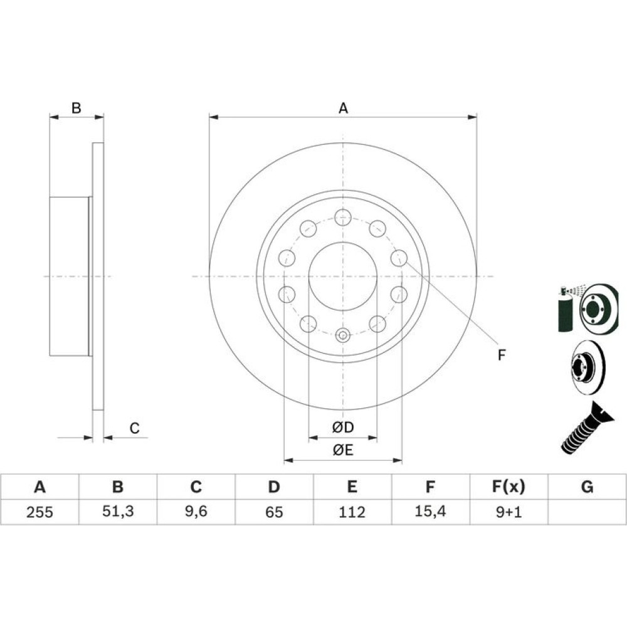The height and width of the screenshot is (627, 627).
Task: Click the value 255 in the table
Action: click(40, 512)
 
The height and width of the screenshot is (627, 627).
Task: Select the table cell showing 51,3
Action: click(118, 511)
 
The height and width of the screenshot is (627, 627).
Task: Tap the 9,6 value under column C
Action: click(196, 511)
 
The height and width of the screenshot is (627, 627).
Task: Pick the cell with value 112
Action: click(352, 512)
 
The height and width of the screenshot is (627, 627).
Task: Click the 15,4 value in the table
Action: click(430, 511)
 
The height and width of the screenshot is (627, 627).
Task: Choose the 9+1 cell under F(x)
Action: click(508, 512)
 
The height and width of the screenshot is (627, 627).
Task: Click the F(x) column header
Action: click(508, 487)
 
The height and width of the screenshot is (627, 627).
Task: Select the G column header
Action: click(587, 487)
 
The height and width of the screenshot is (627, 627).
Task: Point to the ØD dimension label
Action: click(343, 427)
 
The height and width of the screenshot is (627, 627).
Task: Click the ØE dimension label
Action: click(343, 450)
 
